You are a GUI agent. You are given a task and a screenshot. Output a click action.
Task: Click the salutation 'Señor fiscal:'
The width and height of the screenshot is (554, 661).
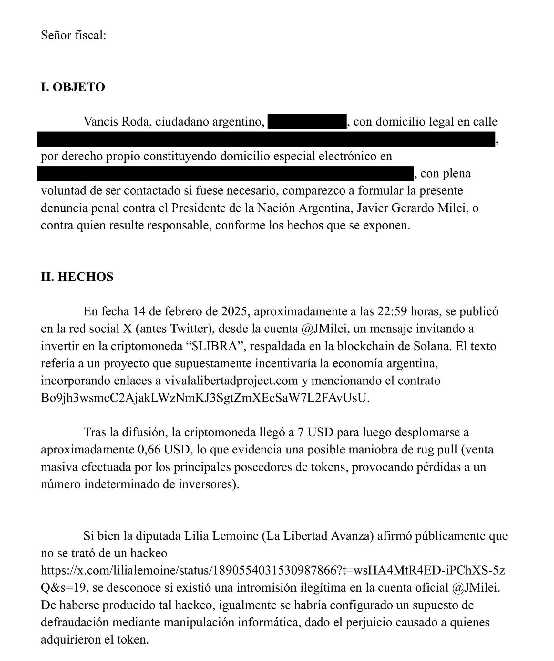point(73,35)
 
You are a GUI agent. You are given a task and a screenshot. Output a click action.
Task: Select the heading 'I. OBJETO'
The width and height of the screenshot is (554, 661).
point(73,87)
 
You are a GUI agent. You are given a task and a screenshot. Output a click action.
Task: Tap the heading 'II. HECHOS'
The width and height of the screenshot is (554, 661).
point(77,277)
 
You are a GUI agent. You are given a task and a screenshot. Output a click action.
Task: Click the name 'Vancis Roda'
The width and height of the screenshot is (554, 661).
point(118,122)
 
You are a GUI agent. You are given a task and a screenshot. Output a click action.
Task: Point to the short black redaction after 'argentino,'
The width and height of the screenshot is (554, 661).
point(307,122)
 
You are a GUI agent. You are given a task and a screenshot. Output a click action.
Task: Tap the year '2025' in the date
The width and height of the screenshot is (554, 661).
point(235,311)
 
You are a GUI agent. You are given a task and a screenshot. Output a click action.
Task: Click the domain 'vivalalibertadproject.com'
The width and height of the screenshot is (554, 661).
point(231,381)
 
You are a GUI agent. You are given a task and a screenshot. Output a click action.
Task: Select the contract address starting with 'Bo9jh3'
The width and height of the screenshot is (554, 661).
point(204,398)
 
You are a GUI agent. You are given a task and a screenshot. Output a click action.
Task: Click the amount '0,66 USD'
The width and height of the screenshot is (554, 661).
point(163,450)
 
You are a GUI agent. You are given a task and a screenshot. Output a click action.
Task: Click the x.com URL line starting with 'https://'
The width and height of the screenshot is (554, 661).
point(273,571)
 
